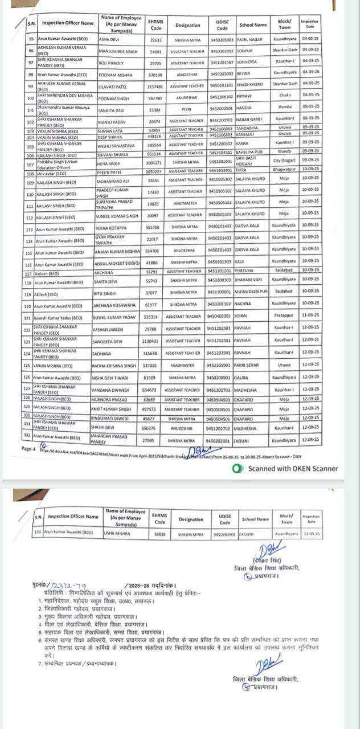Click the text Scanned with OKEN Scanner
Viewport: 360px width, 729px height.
292,469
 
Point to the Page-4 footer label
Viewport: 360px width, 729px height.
28,449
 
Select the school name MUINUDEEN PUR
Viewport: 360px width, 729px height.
252,294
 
